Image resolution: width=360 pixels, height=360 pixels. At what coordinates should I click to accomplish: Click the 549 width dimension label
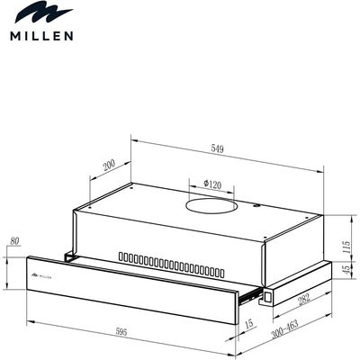[x=217, y=148]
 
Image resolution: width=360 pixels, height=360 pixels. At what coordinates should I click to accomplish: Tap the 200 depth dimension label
[x=109, y=165]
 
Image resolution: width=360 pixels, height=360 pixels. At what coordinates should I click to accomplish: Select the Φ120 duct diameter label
[x=212, y=184]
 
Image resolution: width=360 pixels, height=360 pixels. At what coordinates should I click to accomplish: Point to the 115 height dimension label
[x=346, y=247]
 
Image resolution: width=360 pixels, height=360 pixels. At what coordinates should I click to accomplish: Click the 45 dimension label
[x=346, y=269]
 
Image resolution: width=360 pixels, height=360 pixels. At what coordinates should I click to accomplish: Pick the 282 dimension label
[x=304, y=300]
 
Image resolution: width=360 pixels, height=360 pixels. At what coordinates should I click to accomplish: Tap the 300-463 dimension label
[x=284, y=329]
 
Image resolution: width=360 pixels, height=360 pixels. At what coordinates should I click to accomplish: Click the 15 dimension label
[x=249, y=324]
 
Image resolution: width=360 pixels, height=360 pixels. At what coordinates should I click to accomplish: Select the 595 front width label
[x=121, y=332]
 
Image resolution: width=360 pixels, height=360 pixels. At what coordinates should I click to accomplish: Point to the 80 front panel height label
[x=14, y=241]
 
